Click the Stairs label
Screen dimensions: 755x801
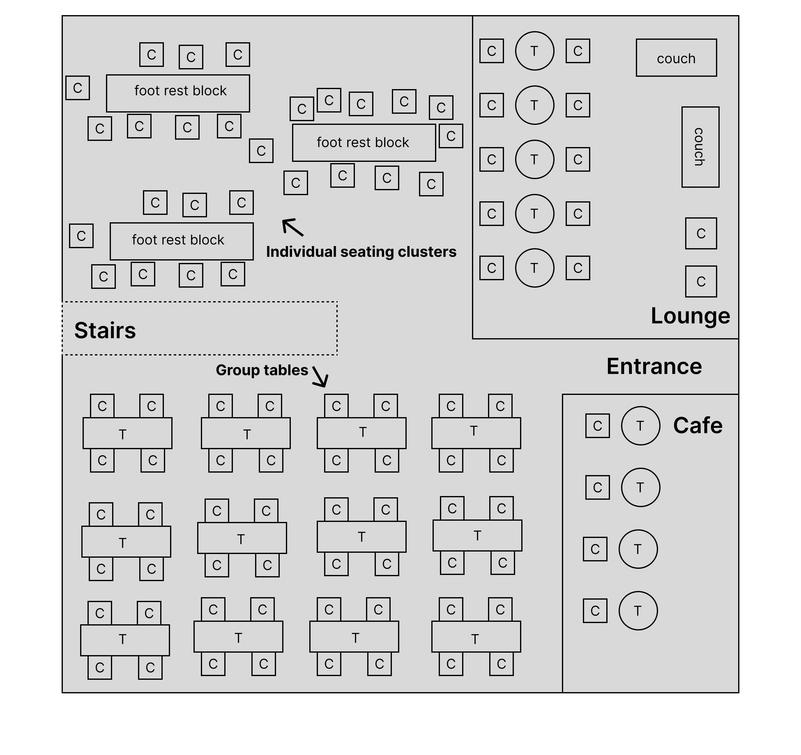(x=105, y=330)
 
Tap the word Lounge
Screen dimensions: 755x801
(x=690, y=316)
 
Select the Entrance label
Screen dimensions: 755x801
(x=654, y=367)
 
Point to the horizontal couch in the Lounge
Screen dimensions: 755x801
(x=676, y=58)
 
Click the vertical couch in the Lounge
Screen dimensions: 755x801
(x=700, y=147)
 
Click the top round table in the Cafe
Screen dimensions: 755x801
(x=640, y=426)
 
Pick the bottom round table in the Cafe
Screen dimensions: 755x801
(x=638, y=611)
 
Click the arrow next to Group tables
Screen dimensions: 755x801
(x=321, y=377)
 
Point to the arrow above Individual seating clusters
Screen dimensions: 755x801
(x=292, y=227)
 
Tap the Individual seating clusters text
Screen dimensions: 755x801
(x=361, y=252)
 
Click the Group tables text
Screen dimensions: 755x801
(x=262, y=370)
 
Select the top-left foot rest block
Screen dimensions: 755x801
(x=178, y=93)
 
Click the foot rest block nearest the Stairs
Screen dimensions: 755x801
(x=181, y=241)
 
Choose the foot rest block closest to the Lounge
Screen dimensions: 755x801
(x=364, y=143)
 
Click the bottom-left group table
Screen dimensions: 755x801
(x=125, y=640)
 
